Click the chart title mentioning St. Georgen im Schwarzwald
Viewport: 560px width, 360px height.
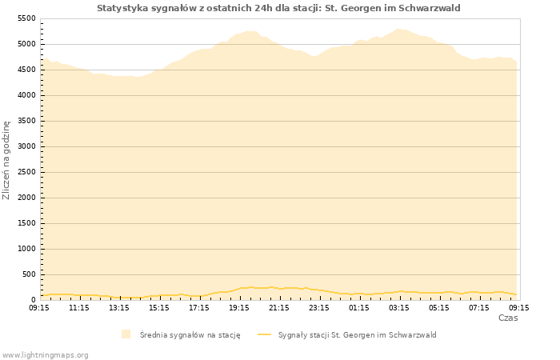tap(278, 8)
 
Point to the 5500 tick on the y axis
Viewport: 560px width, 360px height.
tap(26, 18)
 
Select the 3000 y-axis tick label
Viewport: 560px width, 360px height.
tap(26, 146)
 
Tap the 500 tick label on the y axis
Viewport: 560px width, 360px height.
tap(29, 274)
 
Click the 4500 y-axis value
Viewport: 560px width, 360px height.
tap(26, 70)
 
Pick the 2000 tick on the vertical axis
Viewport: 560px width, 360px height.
tap(26, 198)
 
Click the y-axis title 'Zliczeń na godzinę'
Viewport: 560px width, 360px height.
tap(6, 159)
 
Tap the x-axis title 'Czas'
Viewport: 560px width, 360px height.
tap(507, 318)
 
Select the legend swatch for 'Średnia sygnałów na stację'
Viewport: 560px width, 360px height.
tap(126, 334)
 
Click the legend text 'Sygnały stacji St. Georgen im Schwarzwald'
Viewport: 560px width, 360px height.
tap(357, 335)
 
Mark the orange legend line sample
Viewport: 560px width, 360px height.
tap(264, 334)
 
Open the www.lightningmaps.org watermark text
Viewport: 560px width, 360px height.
tap(46, 354)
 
